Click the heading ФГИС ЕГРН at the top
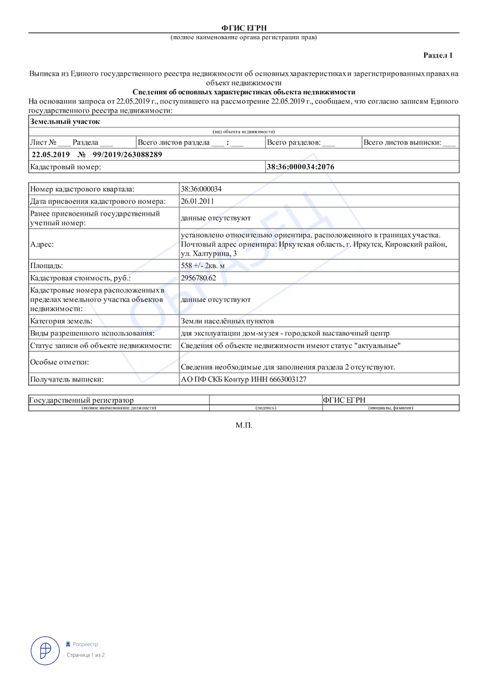pyautogui.click(x=244, y=28)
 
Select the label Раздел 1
pyautogui.click(x=438, y=56)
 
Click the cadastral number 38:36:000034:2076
pyautogui.click(x=301, y=167)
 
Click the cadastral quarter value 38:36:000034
pyautogui.click(x=201, y=189)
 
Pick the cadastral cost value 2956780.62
pyautogui.click(x=198, y=278)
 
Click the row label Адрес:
pyautogui.click(x=41, y=245)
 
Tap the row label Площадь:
pyautogui.click(x=46, y=266)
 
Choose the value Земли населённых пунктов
pyautogui.click(x=227, y=320)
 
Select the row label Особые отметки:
pyautogui.click(x=58, y=362)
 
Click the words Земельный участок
pyautogui.click(x=64, y=122)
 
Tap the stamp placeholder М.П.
pyautogui.click(x=244, y=426)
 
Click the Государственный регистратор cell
pyautogui.click(x=81, y=400)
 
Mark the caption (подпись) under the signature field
pyautogui.click(x=266, y=408)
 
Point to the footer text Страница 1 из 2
pyautogui.click(x=85, y=655)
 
